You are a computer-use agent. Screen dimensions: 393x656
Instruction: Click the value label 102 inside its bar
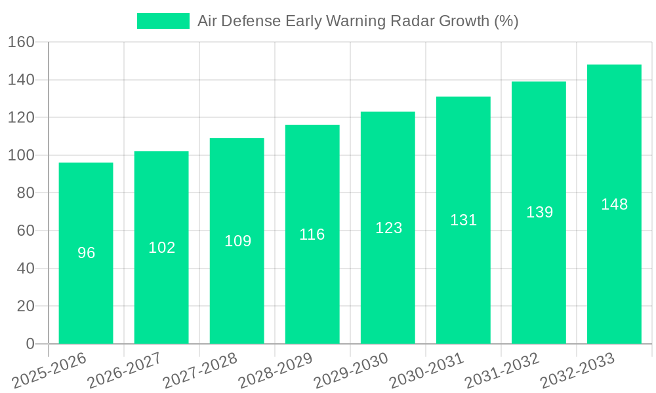161,248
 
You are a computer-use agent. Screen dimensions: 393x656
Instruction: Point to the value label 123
388,228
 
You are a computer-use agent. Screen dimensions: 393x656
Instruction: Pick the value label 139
539,212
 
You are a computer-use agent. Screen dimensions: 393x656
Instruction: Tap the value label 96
86,253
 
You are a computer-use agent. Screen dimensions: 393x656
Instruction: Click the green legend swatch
163,21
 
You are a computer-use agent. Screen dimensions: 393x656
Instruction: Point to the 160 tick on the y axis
21,42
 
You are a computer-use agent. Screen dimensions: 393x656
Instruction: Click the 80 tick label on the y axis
26,193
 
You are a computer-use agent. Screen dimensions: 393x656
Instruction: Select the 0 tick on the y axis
30,344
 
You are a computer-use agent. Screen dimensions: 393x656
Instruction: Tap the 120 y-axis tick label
21,118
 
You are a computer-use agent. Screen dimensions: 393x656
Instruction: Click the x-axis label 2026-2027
125,371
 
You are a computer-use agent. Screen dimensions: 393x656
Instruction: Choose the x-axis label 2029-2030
352,371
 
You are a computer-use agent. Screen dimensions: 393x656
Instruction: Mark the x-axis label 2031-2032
502,371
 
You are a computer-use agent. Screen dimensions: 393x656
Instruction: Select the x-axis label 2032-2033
578,371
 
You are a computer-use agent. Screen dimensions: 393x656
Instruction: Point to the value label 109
237,241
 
